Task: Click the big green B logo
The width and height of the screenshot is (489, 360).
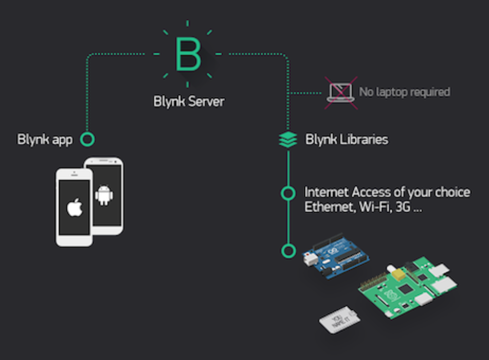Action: click(188, 53)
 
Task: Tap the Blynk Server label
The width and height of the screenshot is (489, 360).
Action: click(189, 101)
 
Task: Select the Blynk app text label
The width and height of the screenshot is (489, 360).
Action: click(45, 140)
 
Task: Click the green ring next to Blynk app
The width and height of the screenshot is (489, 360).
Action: click(88, 140)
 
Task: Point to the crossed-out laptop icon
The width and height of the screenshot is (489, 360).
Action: click(340, 92)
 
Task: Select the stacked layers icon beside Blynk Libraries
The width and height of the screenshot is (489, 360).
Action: click(288, 140)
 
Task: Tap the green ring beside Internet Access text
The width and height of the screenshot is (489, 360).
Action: click(288, 193)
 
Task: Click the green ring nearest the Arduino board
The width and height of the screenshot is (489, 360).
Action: click(288, 250)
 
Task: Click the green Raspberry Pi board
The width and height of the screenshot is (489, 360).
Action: click(407, 290)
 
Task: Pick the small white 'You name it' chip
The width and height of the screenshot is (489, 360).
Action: click(339, 319)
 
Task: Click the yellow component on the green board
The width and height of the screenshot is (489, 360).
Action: click(400, 274)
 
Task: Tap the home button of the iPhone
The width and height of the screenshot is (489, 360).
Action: click(74, 239)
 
